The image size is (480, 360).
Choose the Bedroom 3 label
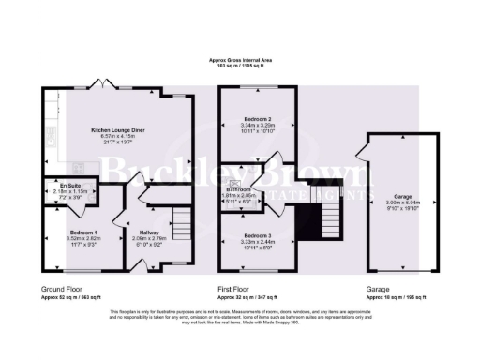[256, 234]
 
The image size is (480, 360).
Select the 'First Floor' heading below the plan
[236, 290]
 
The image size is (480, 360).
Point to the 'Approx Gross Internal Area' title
[240, 60]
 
